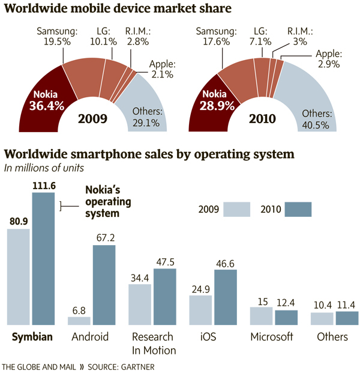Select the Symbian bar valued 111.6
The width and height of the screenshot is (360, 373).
[43, 258]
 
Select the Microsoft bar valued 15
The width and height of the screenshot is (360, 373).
[261, 316]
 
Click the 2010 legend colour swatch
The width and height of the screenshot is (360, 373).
[298, 209]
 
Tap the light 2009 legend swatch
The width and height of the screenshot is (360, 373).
[236, 209]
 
